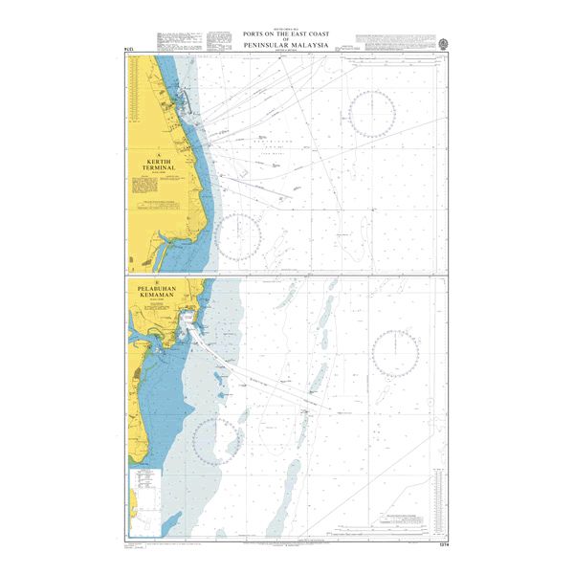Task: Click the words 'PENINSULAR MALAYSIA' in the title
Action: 286,45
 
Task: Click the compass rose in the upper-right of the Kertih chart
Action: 373,112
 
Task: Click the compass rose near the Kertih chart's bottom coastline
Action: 239,236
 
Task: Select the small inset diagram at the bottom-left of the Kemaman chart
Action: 146,493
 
